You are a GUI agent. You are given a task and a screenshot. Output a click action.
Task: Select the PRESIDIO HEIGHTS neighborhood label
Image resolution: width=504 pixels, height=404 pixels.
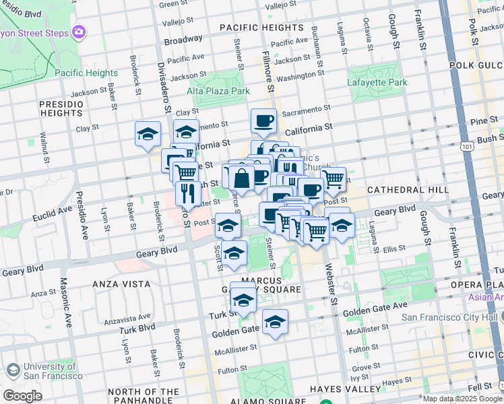click(61, 109)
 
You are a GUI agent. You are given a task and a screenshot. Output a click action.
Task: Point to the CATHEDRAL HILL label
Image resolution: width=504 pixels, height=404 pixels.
click(408, 190)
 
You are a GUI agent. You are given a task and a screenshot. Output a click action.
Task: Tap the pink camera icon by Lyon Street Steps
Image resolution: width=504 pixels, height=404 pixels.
click(80, 32)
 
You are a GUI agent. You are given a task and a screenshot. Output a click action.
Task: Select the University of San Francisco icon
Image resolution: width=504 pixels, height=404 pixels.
click(12, 370)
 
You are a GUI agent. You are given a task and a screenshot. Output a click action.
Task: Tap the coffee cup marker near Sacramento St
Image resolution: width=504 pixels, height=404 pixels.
click(263, 121)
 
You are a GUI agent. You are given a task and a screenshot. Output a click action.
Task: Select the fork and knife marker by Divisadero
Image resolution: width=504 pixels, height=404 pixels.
click(188, 193)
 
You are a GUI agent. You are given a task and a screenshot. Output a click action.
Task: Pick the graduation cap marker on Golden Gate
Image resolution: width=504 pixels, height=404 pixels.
click(275, 323)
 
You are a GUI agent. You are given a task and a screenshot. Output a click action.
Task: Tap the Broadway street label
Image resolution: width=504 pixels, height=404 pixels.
click(183, 40)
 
